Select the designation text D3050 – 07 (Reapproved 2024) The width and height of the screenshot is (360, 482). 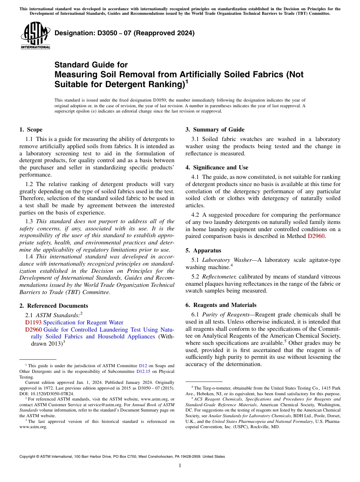[x=124, y=33]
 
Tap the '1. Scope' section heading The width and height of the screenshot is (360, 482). [x=31, y=130]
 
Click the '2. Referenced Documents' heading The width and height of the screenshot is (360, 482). [x=53, y=306]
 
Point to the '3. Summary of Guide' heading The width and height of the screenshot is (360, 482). [x=215, y=130]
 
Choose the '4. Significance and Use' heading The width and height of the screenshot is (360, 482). [x=217, y=167]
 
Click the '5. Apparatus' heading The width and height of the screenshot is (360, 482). [x=203, y=250]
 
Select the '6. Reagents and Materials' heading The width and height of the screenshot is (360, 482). [x=221, y=305]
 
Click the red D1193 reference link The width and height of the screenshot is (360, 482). [x=33, y=322]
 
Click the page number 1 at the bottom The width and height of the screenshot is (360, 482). [x=180, y=465]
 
